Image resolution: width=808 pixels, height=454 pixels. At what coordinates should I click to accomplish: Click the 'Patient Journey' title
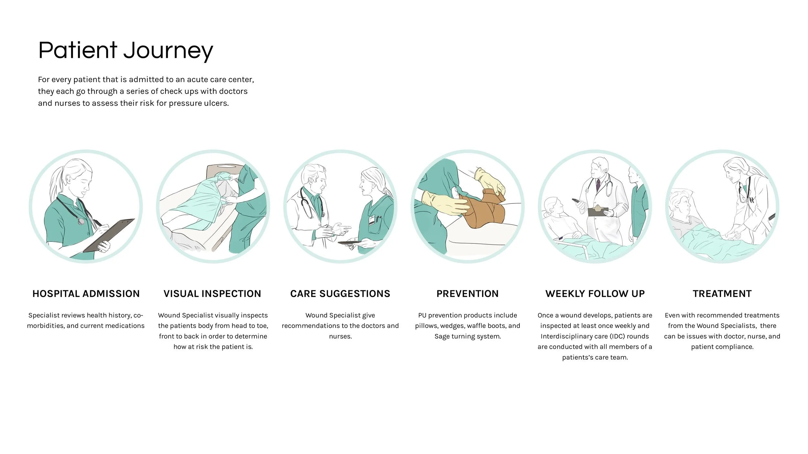(126, 51)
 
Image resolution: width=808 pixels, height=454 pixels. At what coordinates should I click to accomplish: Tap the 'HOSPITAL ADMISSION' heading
(86, 294)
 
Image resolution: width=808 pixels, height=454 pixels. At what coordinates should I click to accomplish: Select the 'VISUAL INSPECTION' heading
(212, 294)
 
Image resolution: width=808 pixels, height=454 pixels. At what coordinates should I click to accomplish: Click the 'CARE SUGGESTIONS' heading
(340, 294)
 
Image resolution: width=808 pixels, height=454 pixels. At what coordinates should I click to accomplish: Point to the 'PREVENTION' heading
(467, 294)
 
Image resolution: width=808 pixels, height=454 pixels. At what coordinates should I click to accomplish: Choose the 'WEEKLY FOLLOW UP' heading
(595, 294)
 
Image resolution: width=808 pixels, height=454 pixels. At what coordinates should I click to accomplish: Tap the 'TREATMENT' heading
(722, 294)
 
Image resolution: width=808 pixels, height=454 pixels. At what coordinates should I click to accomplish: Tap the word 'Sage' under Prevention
(442, 336)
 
